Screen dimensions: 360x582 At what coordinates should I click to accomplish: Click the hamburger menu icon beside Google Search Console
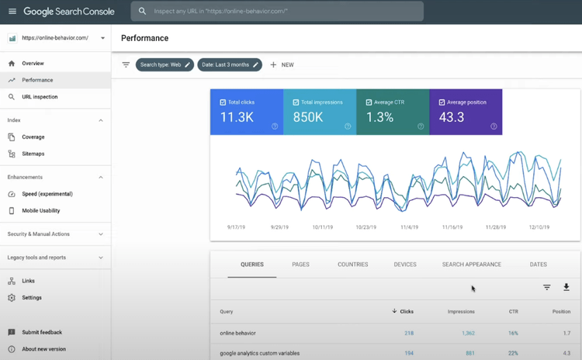(12, 12)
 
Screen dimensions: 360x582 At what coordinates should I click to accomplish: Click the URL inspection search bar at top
(279, 12)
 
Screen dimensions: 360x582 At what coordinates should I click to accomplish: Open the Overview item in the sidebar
(33, 64)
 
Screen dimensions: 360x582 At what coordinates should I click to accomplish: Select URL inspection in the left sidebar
(40, 97)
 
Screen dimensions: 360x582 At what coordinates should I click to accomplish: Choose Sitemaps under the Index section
(33, 154)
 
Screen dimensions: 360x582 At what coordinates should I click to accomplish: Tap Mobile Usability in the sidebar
(40, 210)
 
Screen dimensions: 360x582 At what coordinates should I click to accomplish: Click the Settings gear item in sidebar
(32, 298)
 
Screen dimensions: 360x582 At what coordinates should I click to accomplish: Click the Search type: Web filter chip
(164, 65)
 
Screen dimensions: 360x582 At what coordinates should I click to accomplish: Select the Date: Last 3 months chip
(230, 65)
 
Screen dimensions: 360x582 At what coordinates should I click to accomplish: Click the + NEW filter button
(282, 65)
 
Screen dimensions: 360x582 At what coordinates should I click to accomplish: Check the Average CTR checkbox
(369, 102)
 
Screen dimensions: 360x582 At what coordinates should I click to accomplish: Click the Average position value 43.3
(451, 117)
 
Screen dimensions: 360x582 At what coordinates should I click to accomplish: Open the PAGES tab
(300, 265)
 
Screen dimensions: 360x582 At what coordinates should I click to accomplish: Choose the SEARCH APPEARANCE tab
(471, 265)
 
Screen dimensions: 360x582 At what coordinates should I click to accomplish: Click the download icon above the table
(566, 287)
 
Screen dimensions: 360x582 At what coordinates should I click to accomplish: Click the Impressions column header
(461, 312)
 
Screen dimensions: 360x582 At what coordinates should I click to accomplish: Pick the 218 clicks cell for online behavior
(408, 334)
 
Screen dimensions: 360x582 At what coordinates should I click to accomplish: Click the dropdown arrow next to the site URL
(102, 38)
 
